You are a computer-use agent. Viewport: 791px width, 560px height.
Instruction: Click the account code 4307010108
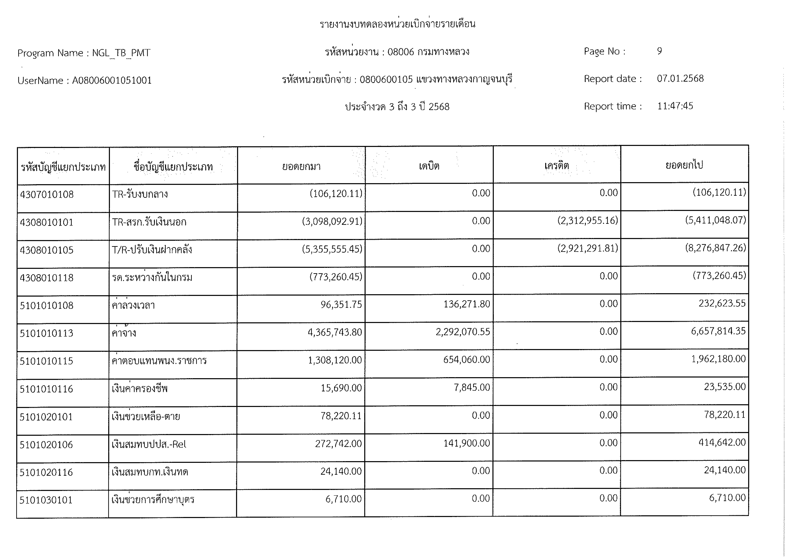[47, 194]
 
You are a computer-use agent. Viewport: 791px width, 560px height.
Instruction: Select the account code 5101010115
[47, 361]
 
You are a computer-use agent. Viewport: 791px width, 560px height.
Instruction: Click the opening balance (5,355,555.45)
[332, 249]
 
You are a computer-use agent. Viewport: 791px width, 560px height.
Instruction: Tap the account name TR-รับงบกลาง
[140, 194]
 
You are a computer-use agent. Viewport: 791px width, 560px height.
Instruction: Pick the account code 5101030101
[46, 500]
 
